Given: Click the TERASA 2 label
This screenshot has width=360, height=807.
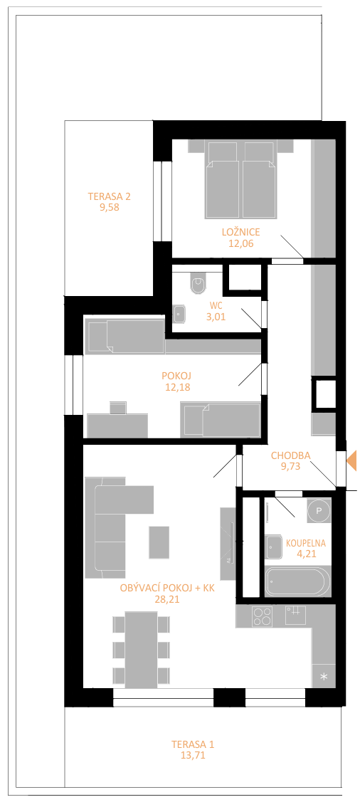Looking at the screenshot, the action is (110, 196).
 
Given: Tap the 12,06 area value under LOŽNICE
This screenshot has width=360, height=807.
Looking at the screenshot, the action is (241, 243).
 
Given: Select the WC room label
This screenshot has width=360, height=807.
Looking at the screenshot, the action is (216, 305).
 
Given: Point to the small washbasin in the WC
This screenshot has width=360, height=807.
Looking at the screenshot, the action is (179, 314).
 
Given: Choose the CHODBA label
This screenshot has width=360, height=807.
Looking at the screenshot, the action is (290, 455).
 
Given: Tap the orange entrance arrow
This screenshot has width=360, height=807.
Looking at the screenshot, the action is (351, 460).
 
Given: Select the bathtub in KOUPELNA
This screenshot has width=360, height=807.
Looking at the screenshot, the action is (297, 581).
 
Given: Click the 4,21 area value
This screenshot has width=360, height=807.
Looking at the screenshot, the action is (305, 554).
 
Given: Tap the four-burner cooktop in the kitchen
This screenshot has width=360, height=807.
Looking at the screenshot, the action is (263, 616).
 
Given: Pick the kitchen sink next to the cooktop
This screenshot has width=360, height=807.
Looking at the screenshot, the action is (296, 615).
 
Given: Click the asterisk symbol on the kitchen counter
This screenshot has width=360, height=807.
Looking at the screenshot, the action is (324, 677).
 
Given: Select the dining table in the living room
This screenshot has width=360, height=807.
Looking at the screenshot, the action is (141, 650).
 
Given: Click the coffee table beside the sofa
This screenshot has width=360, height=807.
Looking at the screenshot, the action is (159, 542).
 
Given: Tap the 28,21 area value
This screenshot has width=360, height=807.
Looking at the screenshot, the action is (167, 598).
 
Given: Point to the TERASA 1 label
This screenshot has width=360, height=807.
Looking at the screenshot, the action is (193, 744).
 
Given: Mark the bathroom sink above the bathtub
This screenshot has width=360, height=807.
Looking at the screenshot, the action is (274, 547).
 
